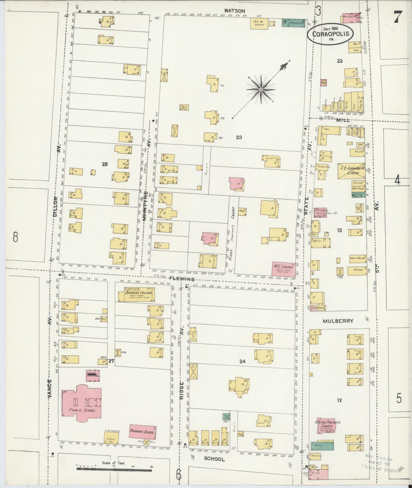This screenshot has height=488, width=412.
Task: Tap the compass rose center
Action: coord(261,90)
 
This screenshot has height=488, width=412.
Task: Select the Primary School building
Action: coord(142,431)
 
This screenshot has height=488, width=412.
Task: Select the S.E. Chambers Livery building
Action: coord(351,171)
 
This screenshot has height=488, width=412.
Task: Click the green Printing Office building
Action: coord(294,23)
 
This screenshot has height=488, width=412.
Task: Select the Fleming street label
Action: coord(182,279)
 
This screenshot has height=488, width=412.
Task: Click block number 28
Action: coord(104,164)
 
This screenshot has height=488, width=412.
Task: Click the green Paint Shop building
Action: coord(226,417)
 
